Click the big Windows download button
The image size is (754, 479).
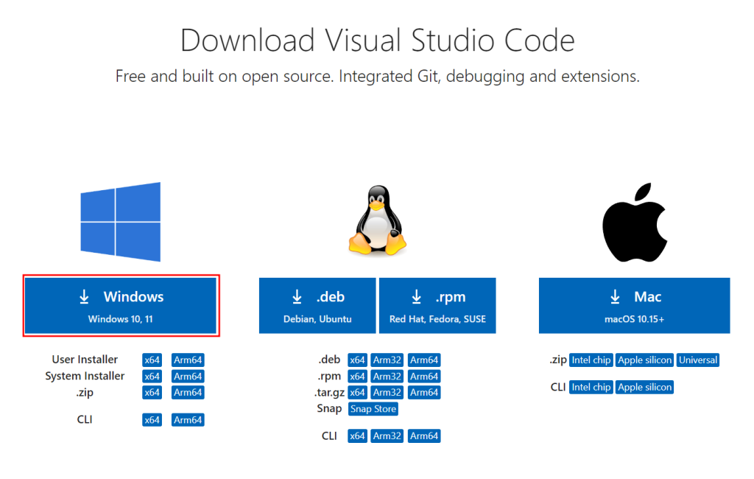click(121, 305)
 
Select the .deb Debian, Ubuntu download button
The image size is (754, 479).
click(317, 305)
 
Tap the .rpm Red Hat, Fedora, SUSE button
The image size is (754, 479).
click(437, 305)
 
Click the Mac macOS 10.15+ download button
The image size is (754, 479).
click(634, 305)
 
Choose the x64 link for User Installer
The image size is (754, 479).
click(152, 360)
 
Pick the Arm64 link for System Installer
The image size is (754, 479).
click(188, 376)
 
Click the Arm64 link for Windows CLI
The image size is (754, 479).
click(188, 420)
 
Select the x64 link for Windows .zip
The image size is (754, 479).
click(152, 392)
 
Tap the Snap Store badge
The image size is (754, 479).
click(373, 409)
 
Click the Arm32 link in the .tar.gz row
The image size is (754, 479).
click(387, 392)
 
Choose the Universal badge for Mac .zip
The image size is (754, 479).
click(698, 360)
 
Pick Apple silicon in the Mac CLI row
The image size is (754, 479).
click(644, 387)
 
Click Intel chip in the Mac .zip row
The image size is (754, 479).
click(591, 360)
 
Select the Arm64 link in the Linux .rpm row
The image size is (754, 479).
click(424, 376)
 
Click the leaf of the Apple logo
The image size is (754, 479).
click(642, 191)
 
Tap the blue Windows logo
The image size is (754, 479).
click(121, 222)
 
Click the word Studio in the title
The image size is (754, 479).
click(453, 40)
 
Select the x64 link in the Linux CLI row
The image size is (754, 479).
click(357, 436)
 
